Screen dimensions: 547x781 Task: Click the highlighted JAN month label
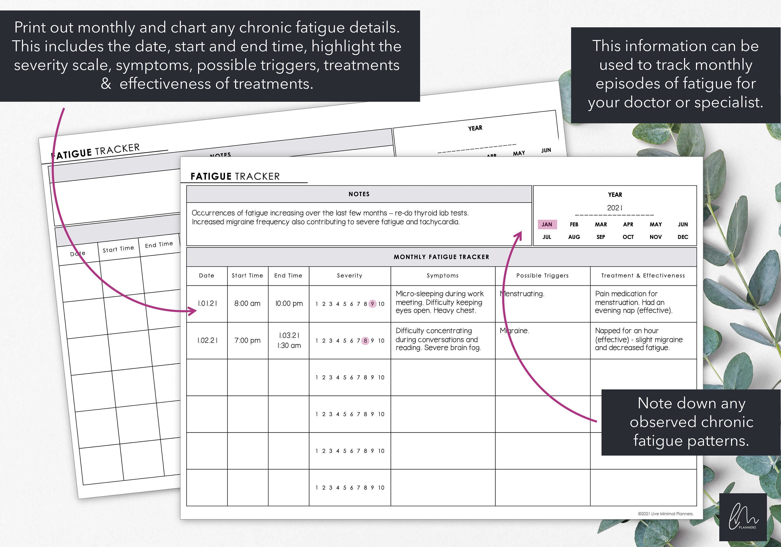point(547,224)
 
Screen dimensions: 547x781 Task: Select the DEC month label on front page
point(682,237)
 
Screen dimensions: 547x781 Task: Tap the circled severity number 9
point(372,304)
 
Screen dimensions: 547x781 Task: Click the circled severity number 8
point(365,340)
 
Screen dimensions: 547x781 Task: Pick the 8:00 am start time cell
point(247,303)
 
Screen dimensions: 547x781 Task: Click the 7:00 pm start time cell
point(247,340)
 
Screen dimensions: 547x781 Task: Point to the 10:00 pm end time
point(289,303)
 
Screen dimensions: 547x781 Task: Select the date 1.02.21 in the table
point(207,340)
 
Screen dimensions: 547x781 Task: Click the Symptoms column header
point(443,276)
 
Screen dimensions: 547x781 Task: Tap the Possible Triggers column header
point(542,276)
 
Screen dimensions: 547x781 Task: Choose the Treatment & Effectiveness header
point(643,276)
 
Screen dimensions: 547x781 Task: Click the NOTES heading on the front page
point(359,194)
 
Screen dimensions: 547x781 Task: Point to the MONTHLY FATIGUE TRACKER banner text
point(441,257)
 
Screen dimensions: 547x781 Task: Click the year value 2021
point(614,208)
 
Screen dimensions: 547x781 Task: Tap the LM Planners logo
point(743,517)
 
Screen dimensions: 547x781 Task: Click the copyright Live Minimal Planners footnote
point(665,514)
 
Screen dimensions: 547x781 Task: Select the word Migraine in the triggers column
point(514,331)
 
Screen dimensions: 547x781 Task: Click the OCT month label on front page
point(628,237)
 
